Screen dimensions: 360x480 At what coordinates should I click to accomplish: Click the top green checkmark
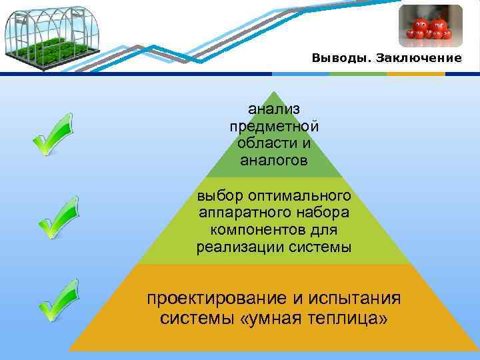coord(53,134)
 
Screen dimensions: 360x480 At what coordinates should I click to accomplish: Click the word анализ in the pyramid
coord(274,108)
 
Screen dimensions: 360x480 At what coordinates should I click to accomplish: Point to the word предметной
coord(274,126)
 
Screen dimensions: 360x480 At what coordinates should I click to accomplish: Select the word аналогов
coord(274,161)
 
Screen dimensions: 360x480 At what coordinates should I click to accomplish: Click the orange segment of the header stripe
coord(417,73)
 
